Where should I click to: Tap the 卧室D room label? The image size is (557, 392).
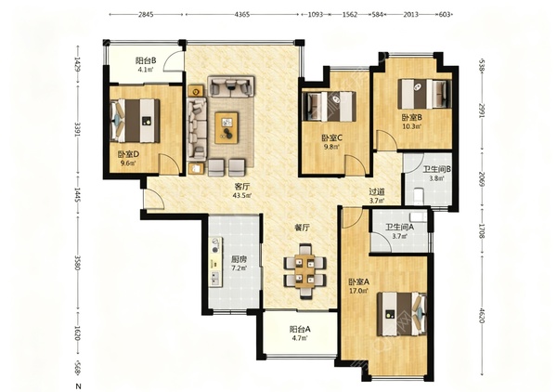(x=128, y=154)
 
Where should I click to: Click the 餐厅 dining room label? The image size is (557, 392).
(x=302, y=228)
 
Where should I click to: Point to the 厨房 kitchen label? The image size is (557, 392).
(x=239, y=259)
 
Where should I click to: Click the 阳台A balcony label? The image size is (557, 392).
(x=300, y=330)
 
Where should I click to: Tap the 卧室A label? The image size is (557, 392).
(x=358, y=282)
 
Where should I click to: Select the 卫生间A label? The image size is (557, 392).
(x=399, y=227)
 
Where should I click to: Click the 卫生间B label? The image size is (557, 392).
(x=437, y=169)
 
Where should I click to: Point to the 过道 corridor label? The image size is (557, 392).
(x=377, y=191)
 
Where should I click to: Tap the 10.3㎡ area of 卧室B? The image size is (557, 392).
(x=411, y=125)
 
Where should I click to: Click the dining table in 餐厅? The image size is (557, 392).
(x=305, y=271)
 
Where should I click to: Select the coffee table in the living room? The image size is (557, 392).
(x=227, y=127)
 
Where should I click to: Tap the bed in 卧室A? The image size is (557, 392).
(x=401, y=314)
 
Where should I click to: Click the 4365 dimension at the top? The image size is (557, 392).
(x=242, y=15)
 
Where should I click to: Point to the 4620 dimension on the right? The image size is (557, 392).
(x=482, y=315)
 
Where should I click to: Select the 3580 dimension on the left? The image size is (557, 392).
(x=77, y=262)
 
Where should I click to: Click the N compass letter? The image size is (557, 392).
(x=79, y=385)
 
